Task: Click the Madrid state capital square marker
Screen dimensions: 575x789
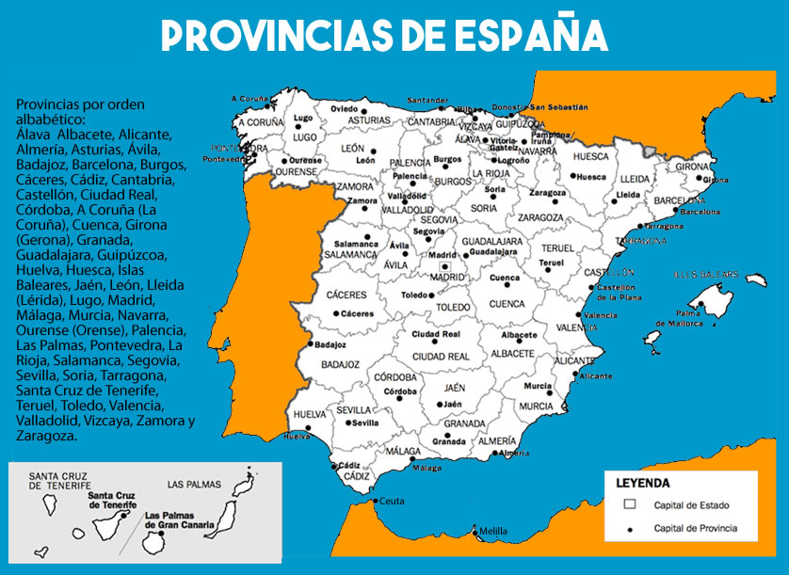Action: point(446,267)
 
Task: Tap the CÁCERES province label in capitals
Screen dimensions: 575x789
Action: point(346,295)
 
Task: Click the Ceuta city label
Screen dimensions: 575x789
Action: point(392,502)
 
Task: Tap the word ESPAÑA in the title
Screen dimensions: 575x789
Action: point(532,36)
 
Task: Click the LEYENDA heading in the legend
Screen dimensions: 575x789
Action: point(643,483)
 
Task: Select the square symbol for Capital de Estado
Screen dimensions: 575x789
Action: point(630,504)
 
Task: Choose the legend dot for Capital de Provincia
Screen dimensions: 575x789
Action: point(630,528)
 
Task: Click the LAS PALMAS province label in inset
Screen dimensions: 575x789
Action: point(194,485)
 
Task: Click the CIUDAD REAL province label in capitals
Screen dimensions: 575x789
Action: point(441,358)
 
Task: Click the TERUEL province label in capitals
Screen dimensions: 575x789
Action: point(556,248)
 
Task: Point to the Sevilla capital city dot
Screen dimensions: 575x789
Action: point(348,423)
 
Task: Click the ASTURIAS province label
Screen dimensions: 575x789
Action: point(368,121)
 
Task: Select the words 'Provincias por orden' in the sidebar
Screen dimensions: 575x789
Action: point(81,104)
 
